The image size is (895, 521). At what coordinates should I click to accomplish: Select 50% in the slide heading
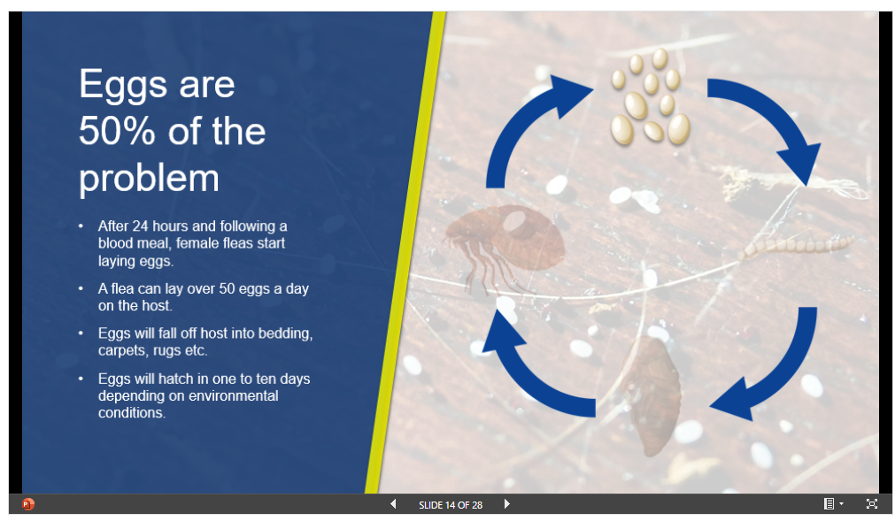point(117,131)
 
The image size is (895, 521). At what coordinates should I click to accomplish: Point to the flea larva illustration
point(797,246)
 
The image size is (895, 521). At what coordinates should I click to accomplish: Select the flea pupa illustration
point(652,395)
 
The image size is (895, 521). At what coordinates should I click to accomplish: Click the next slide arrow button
point(507,504)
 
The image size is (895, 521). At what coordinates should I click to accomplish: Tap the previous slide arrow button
point(393,504)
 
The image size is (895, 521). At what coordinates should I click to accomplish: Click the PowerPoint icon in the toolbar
point(28,504)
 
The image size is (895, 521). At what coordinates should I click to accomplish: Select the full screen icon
point(872,504)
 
